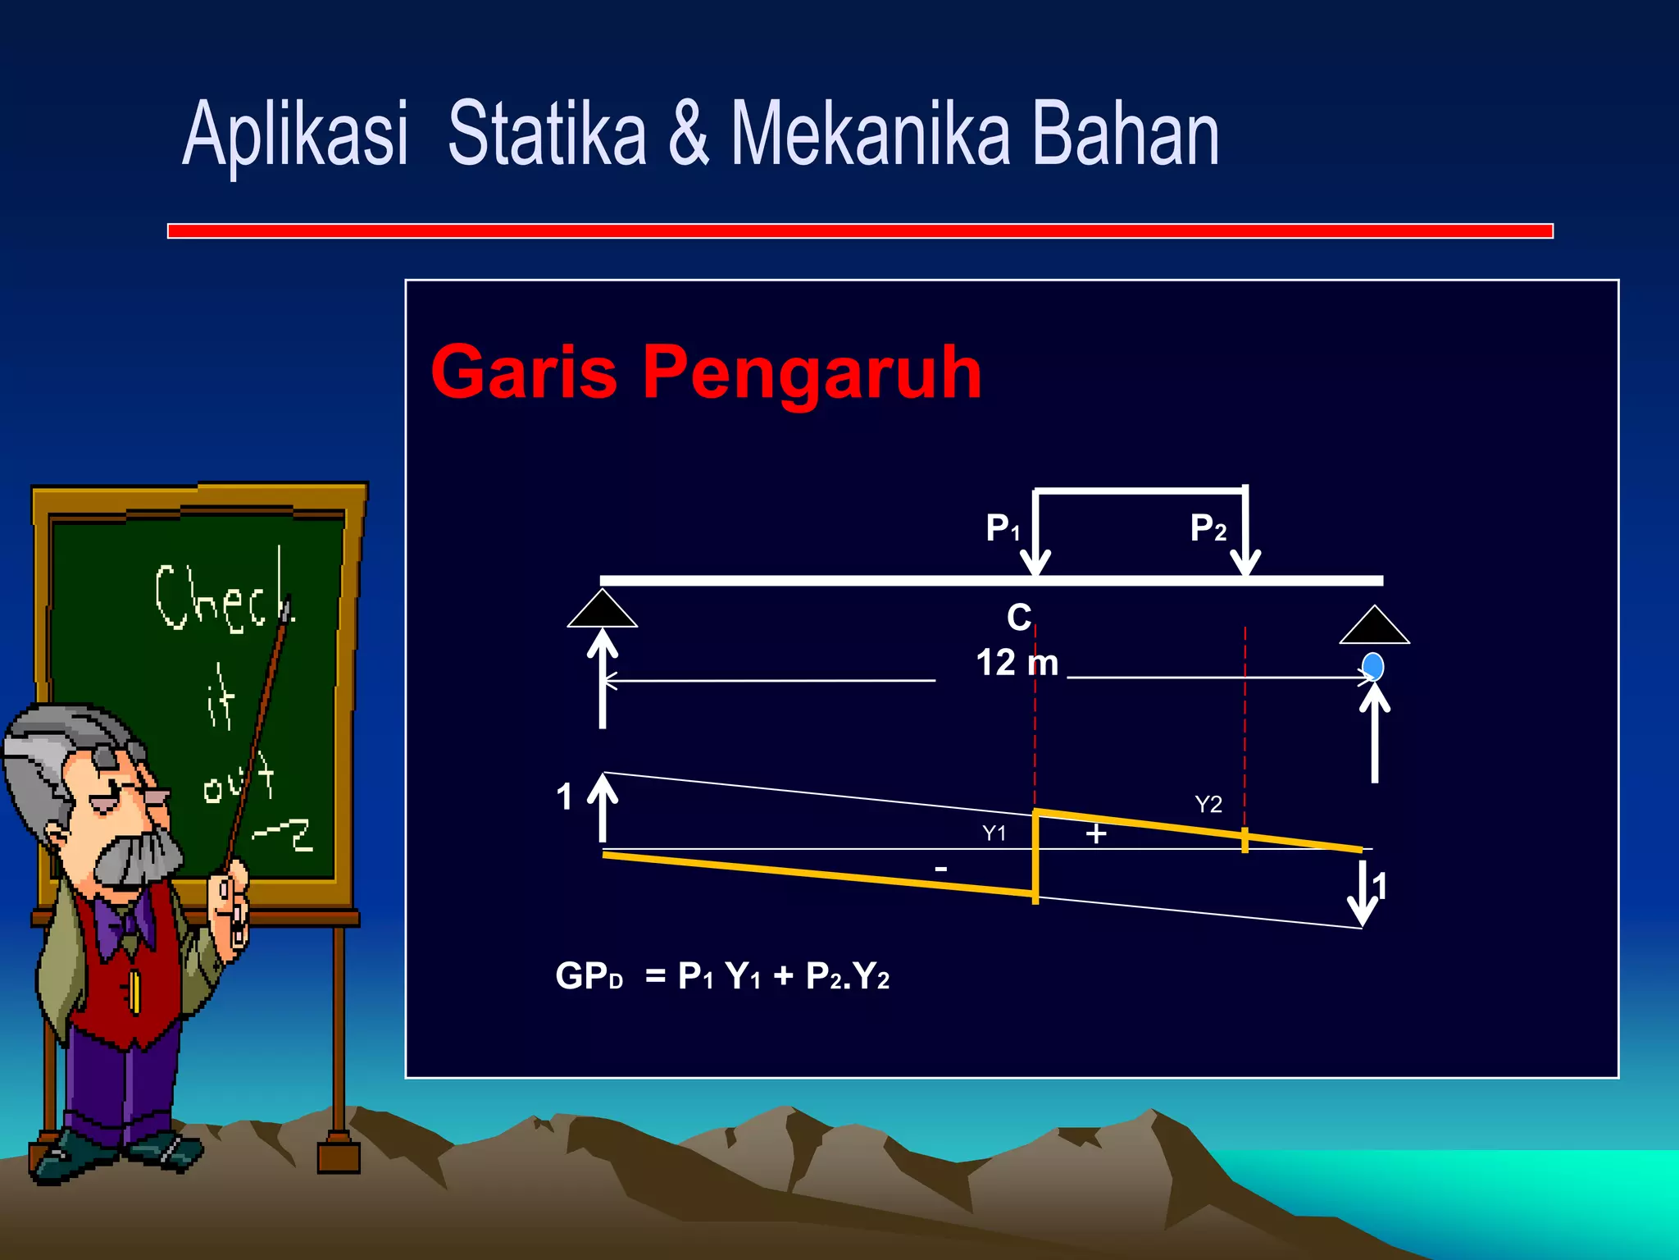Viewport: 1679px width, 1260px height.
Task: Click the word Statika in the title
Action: (547, 134)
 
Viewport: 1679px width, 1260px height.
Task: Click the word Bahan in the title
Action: (1125, 134)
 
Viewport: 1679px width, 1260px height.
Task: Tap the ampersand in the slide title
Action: (688, 134)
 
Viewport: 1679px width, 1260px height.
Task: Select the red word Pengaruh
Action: (812, 372)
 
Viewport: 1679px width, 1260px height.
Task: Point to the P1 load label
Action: (1002, 527)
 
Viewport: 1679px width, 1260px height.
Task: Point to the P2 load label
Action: (1208, 527)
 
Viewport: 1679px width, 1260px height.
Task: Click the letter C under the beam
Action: (1019, 618)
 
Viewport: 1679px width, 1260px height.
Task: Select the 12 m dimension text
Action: (1017, 662)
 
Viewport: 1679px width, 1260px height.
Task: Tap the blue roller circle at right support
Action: (1372, 666)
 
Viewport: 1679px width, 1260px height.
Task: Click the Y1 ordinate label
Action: (994, 833)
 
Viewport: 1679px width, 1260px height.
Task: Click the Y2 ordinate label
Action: (1208, 804)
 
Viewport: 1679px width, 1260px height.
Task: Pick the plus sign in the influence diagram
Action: (1096, 834)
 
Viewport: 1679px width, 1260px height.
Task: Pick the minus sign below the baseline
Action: (941, 869)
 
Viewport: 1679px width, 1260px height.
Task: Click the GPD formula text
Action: (721, 976)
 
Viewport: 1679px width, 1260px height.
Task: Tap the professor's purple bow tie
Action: (123, 923)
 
